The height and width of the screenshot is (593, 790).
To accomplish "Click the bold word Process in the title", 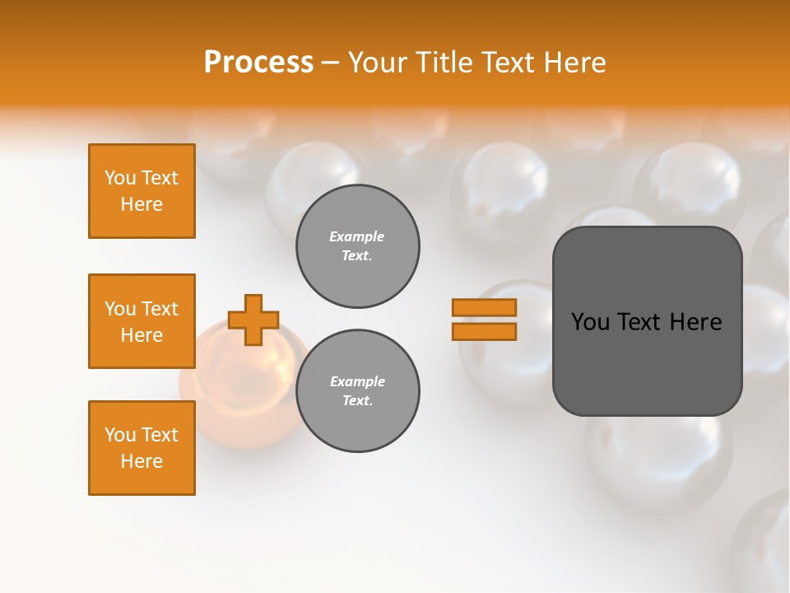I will [x=258, y=63].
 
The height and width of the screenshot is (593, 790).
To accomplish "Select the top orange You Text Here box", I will [x=142, y=191].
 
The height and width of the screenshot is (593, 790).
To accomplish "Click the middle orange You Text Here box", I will [x=142, y=321].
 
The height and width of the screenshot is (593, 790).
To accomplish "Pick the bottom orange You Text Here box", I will [x=142, y=448].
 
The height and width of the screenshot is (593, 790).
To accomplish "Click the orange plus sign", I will [x=253, y=320].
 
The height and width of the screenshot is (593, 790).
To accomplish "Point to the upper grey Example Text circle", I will [x=358, y=246].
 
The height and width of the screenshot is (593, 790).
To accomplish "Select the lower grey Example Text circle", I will [x=358, y=391].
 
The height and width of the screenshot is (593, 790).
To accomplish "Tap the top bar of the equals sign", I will [x=484, y=307].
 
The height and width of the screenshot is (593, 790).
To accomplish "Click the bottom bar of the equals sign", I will [x=484, y=332].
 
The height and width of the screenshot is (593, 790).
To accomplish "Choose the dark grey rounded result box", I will [x=648, y=362].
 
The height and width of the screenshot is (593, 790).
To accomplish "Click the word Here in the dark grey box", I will [x=695, y=322].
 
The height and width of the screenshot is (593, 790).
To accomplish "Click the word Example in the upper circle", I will [x=357, y=236].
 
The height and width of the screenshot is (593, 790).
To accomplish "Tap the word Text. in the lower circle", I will [x=357, y=401].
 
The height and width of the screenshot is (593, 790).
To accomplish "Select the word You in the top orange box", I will [x=120, y=178].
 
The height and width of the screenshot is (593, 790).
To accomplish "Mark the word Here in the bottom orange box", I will [x=142, y=461].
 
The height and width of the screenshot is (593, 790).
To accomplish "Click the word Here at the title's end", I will [x=575, y=63].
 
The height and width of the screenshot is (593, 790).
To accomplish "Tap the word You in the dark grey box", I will [x=590, y=322].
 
